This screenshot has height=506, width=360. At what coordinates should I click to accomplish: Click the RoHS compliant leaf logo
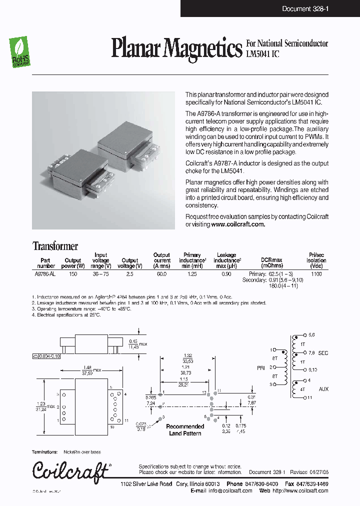tap(19, 53)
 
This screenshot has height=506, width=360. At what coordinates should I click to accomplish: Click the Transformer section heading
tap(55, 246)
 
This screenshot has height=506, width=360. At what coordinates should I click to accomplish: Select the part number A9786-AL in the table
tap(45, 274)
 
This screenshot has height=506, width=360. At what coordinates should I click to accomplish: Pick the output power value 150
tap(73, 274)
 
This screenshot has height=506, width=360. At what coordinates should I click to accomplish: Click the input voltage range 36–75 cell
tap(100, 274)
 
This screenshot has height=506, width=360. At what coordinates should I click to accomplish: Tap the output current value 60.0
tap(161, 274)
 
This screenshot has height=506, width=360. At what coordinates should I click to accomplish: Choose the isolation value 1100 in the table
tap(316, 274)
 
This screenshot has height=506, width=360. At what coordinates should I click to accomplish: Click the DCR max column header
tap(271, 260)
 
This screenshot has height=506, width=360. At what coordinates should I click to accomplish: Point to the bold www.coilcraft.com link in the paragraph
tap(238, 224)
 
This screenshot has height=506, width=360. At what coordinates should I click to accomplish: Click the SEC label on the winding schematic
tap(323, 353)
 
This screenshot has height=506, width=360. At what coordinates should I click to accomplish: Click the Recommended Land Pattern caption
tap(185, 430)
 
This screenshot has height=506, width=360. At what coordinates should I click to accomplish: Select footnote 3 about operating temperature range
tap(81, 309)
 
